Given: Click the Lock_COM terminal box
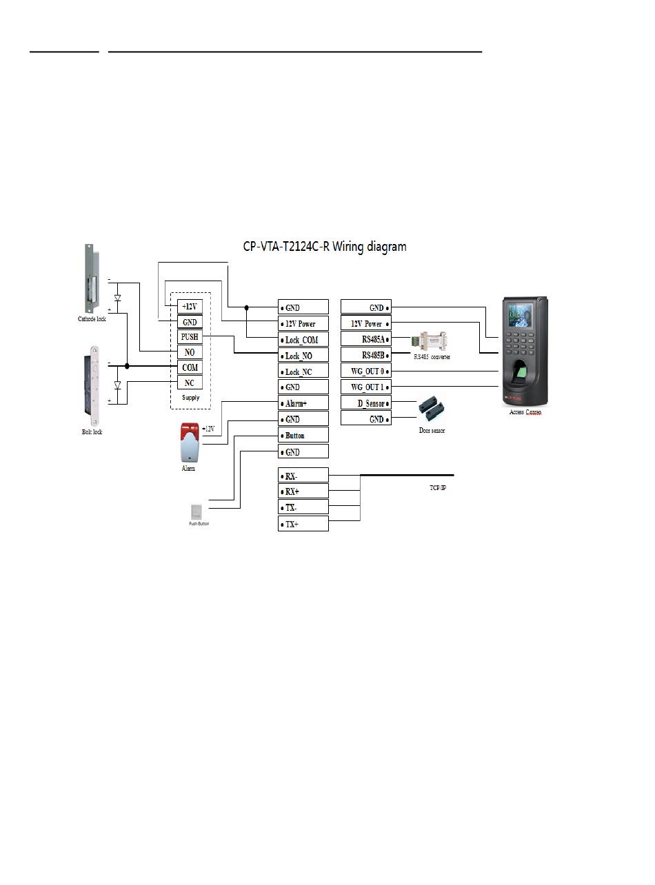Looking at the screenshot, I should [x=303, y=340].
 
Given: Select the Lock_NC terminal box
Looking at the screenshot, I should [x=303, y=372].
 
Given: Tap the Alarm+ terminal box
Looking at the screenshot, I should [x=303, y=404].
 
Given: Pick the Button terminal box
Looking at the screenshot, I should [x=303, y=436].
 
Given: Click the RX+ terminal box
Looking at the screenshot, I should [x=303, y=491].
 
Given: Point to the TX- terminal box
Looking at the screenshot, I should [x=303, y=508].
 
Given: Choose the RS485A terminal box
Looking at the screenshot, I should [x=366, y=339].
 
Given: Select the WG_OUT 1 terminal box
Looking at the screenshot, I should [x=366, y=387].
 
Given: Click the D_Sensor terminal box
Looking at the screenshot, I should [x=366, y=403].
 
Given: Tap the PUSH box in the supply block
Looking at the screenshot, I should [x=190, y=337].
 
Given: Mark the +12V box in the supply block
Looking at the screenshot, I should [x=190, y=306].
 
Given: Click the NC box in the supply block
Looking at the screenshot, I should [x=190, y=383].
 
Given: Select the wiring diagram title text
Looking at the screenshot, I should [x=325, y=247].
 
